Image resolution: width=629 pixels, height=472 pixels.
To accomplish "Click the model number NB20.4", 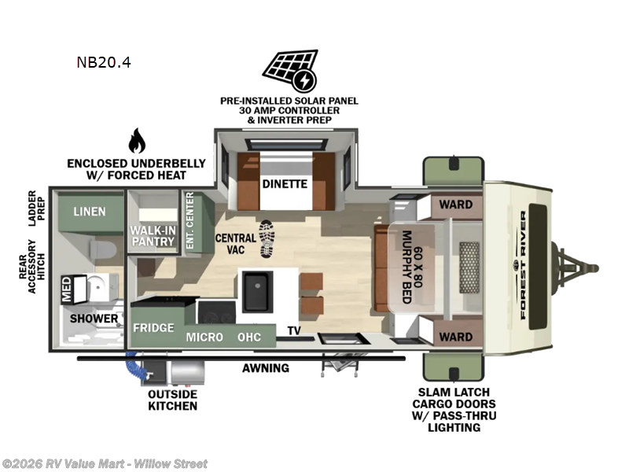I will coord(104,62).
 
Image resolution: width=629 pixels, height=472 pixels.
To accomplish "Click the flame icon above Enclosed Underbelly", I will coord(137,142).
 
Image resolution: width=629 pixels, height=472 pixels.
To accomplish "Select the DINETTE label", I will coord(285,185).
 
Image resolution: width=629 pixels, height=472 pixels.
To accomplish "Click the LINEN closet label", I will coord(89,212).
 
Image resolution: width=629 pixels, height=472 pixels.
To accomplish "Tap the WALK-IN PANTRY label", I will coord(152,234).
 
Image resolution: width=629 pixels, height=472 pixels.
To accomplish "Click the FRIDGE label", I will coord(153,327).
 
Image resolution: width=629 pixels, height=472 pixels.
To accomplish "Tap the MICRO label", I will coord(204,337).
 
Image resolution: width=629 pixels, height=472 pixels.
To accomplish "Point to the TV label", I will coord(294,330).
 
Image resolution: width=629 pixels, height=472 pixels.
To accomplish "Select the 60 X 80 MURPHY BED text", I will coord(414,269).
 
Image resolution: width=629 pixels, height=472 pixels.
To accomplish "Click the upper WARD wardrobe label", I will coord(455,205).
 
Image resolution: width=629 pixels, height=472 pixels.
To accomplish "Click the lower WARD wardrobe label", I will coord(455,337).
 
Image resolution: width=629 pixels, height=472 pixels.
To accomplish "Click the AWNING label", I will coord(265,367).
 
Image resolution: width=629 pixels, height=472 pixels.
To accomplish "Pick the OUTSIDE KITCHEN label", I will coord(172,400).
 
